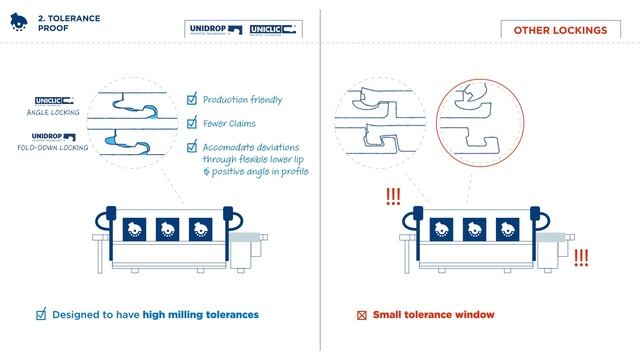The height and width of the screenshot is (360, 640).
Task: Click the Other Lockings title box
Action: (560, 31)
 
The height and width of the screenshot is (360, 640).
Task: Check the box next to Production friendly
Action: (193, 100)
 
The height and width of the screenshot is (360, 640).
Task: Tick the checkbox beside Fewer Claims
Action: (193, 123)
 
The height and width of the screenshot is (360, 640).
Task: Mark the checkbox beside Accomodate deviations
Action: (193, 146)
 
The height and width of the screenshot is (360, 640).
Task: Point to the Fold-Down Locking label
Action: (49, 148)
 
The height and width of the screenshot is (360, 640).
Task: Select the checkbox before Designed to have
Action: (41, 315)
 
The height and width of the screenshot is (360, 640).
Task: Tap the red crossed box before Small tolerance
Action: (362, 315)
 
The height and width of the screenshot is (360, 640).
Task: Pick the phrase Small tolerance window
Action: (433, 315)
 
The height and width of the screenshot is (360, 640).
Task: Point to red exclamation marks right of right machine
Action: (581, 256)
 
